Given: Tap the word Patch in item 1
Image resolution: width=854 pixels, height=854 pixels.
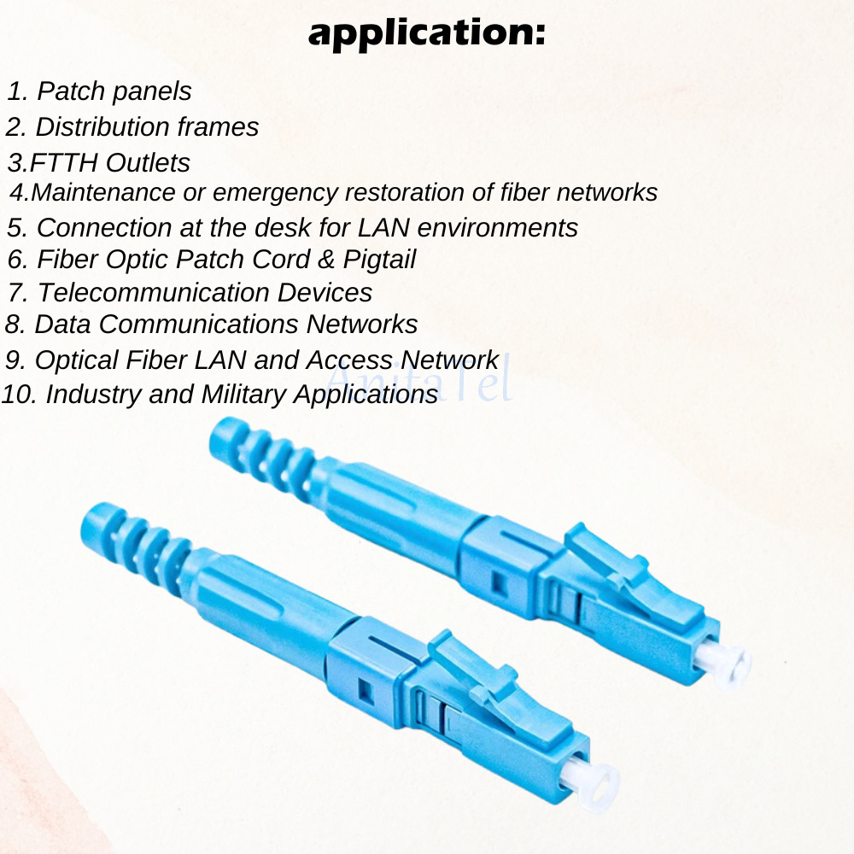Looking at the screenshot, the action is coord(72,91).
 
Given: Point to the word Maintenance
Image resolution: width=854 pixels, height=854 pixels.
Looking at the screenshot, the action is coord(103,191).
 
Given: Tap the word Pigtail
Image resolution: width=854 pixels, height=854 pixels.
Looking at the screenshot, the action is coord(379,260).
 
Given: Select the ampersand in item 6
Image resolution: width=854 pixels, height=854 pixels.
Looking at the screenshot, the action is coord(325,260).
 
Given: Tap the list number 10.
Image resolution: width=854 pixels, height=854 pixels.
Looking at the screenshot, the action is coord(19,395).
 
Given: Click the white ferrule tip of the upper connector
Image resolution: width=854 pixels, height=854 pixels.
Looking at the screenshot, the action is coord(727,664).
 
